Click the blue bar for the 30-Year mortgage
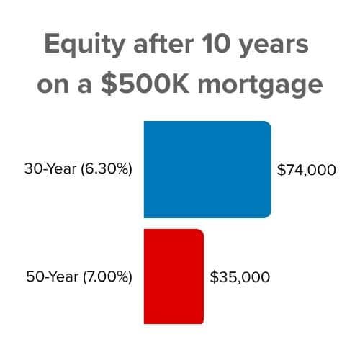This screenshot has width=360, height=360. pyautogui.click(x=207, y=169)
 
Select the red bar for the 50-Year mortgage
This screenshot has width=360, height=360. pyautogui.click(x=174, y=276)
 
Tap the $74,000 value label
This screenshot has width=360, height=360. pyautogui.click(x=307, y=171)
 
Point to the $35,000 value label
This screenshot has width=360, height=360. pyautogui.click(x=240, y=276)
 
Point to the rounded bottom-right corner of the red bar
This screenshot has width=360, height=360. pyautogui.click(x=202, y=321)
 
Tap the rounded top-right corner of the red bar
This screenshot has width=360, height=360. pyautogui.click(x=202, y=233)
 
